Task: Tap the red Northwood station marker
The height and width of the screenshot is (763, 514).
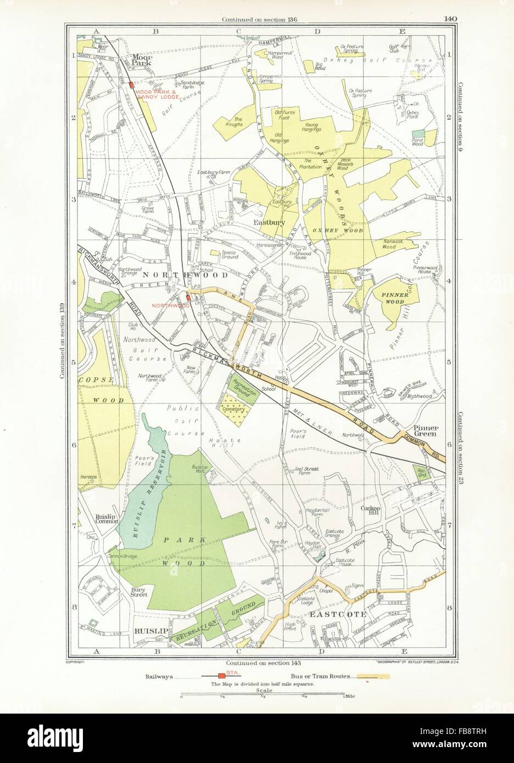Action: (188, 297)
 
